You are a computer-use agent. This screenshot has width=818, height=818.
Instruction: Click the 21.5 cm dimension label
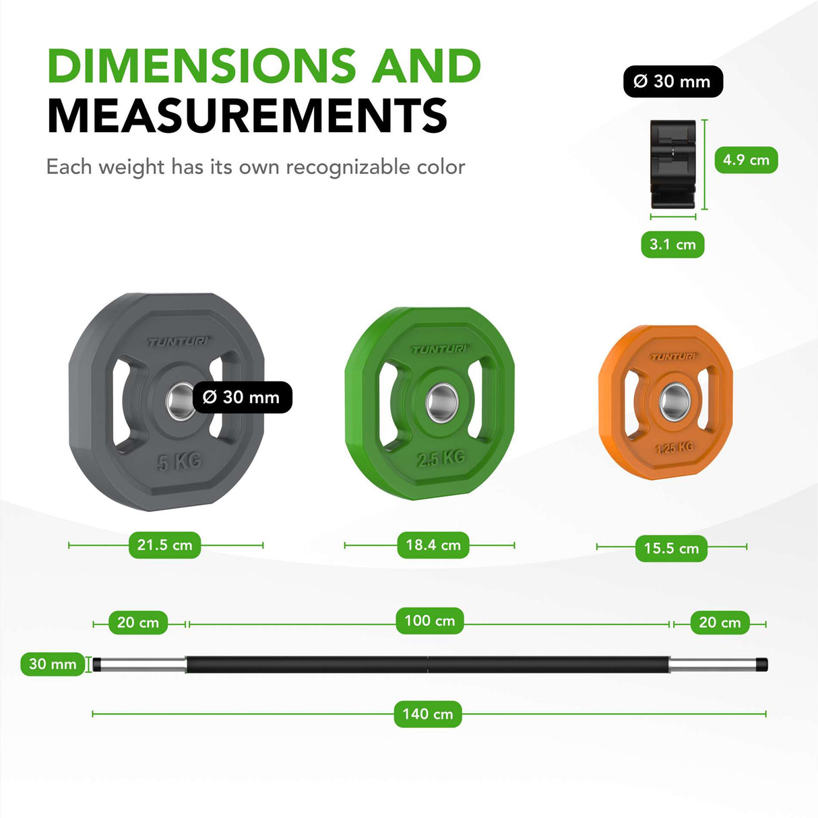(164, 545)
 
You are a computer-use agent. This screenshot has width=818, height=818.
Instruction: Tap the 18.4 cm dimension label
(433, 545)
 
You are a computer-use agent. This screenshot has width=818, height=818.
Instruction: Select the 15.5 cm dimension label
(671, 548)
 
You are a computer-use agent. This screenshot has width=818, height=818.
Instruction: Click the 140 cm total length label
(428, 714)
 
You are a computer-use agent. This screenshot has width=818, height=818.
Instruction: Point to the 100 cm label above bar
(430, 621)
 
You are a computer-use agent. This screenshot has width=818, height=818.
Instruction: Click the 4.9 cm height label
(747, 160)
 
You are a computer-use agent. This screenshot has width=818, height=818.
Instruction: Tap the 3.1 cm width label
(672, 244)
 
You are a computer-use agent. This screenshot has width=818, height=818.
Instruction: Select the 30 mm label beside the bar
(53, 664)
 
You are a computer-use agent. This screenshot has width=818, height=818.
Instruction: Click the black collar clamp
(673, 165)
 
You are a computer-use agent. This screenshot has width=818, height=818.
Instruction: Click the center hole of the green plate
(441, 403)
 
